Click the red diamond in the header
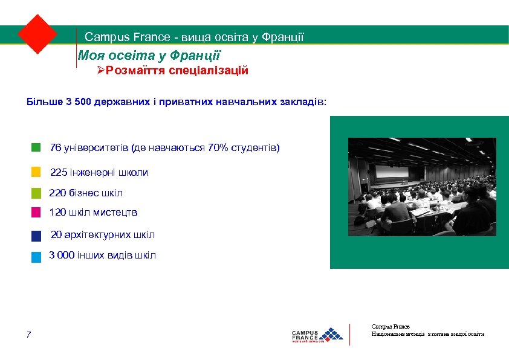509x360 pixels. click(x=37, y=34)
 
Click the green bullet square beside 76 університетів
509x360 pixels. click(x=36, y=147)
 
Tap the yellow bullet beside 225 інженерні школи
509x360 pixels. click(x=36, y=172)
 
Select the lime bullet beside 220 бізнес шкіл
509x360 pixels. click(x=36, y=193)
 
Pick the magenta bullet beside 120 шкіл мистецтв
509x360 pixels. click(x=36, y=213)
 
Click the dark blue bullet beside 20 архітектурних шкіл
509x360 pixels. click(x=36, y=236)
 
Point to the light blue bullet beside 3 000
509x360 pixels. click(x=36, y=257)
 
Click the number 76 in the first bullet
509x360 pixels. click(x=56, y=148)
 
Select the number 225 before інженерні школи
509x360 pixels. click(x=59, y=173)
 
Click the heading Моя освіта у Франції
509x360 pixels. click(x=149, y=56)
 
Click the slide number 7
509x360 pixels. click(x=29, y=335)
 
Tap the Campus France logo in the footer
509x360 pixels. click(x=317, y=334)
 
